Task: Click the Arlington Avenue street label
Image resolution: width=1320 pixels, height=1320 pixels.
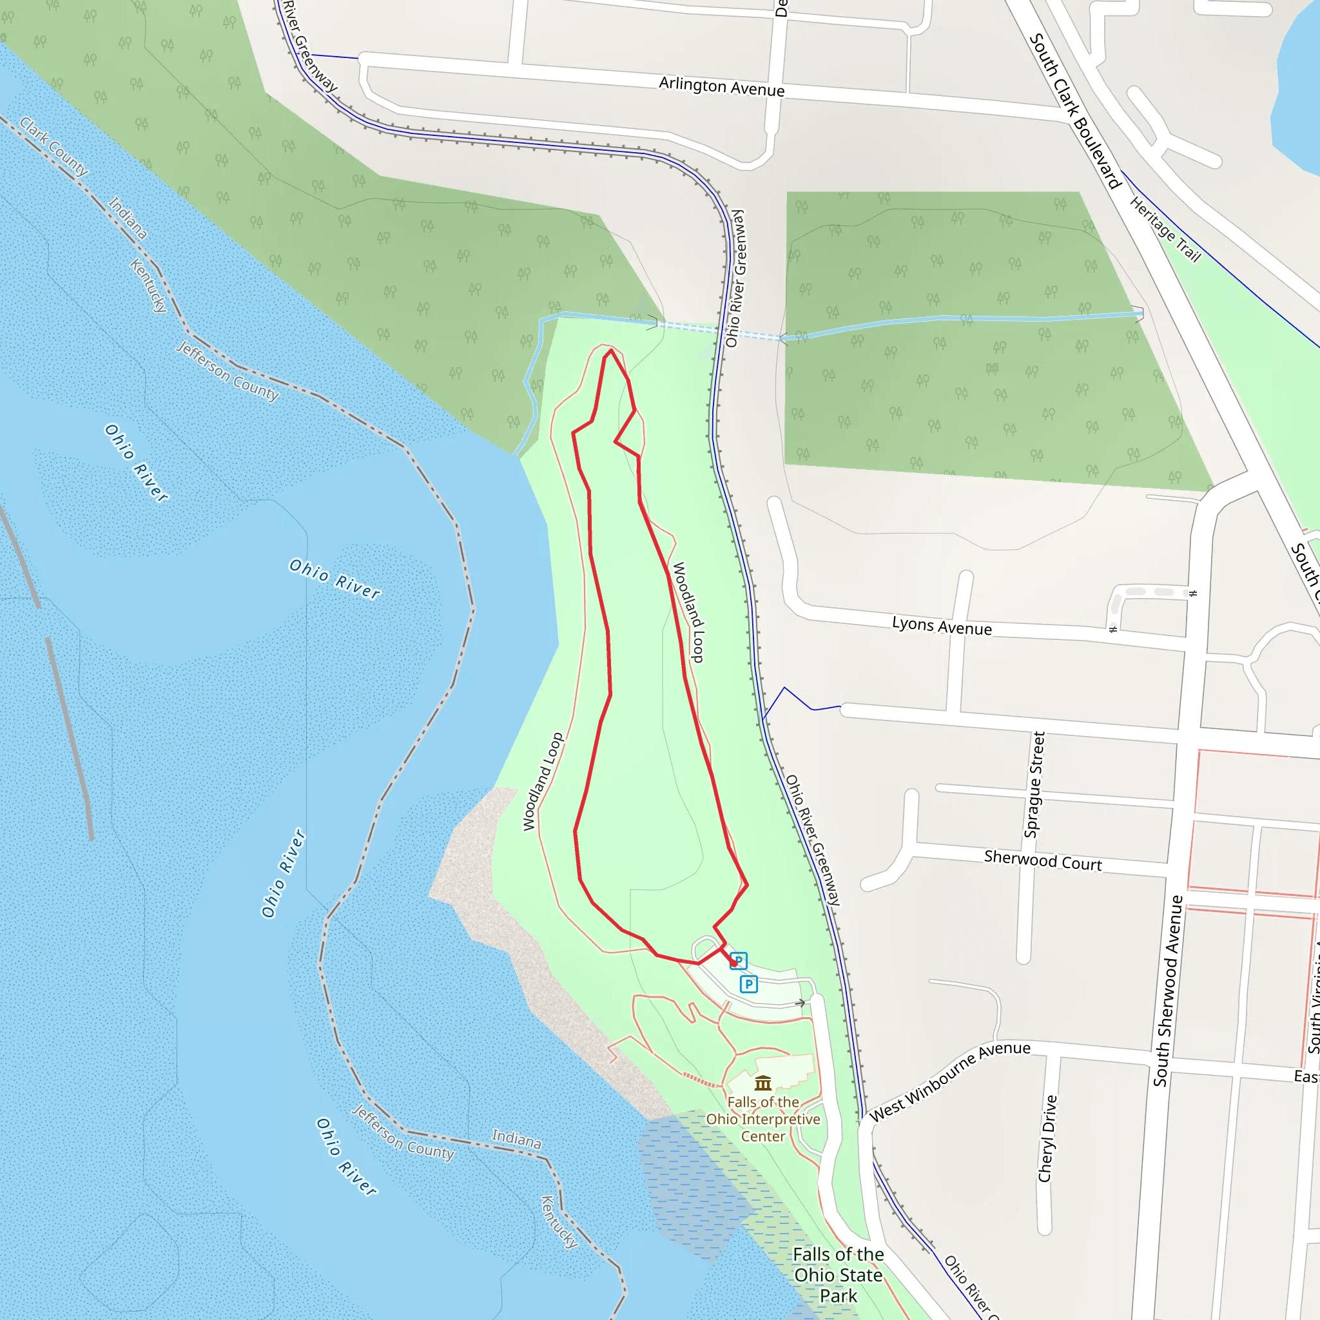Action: pos(721,87)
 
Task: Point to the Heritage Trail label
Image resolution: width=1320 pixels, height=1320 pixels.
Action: pos(1165,229)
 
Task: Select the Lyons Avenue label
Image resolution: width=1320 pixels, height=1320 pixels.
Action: pos(942,626)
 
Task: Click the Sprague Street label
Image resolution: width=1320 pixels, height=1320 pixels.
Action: pos(1034,784)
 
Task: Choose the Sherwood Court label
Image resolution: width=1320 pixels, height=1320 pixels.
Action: pos(1043,861)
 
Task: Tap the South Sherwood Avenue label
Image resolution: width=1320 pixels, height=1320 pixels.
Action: pos(1168,991)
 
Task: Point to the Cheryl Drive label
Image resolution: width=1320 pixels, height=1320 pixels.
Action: pos(1047,1139)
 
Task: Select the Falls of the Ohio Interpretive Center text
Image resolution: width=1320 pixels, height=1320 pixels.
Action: pos(763,1119)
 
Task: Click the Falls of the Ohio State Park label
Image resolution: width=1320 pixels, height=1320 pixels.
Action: pos(839,1275)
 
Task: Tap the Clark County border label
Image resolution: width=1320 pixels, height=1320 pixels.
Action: pos(53,146)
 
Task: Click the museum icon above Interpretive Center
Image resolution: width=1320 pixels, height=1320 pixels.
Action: pos(763,1083)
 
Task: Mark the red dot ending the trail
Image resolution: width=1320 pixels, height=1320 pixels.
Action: pos(733,963)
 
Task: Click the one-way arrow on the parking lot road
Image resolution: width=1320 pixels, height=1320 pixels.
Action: pos(801,1003)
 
